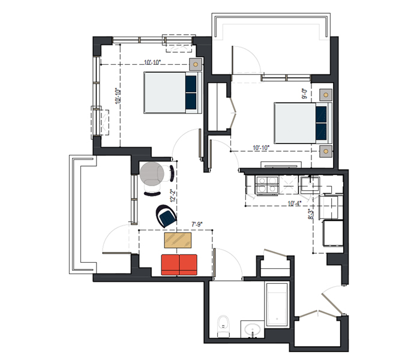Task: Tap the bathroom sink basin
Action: click(253, 329)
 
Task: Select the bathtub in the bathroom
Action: click(277, 304)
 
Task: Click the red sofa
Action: click(179, 265)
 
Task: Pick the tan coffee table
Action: click(178, 240)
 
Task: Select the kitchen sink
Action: click(310, 185)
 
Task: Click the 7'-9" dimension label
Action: click(197, 224)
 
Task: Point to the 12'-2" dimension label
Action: click(173, 196)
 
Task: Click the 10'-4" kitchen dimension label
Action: click(295, 203)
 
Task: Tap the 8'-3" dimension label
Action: click(310, 214)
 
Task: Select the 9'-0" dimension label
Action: click(305, 94)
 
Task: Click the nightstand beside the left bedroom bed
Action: click(196, 64)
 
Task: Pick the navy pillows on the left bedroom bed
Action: click(191, 92)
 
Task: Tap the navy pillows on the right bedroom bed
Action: click(321, 123)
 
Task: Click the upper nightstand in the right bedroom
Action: click(326, 95)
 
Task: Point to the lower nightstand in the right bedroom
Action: click(326, 151)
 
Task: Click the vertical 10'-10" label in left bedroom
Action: click(118, 96)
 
